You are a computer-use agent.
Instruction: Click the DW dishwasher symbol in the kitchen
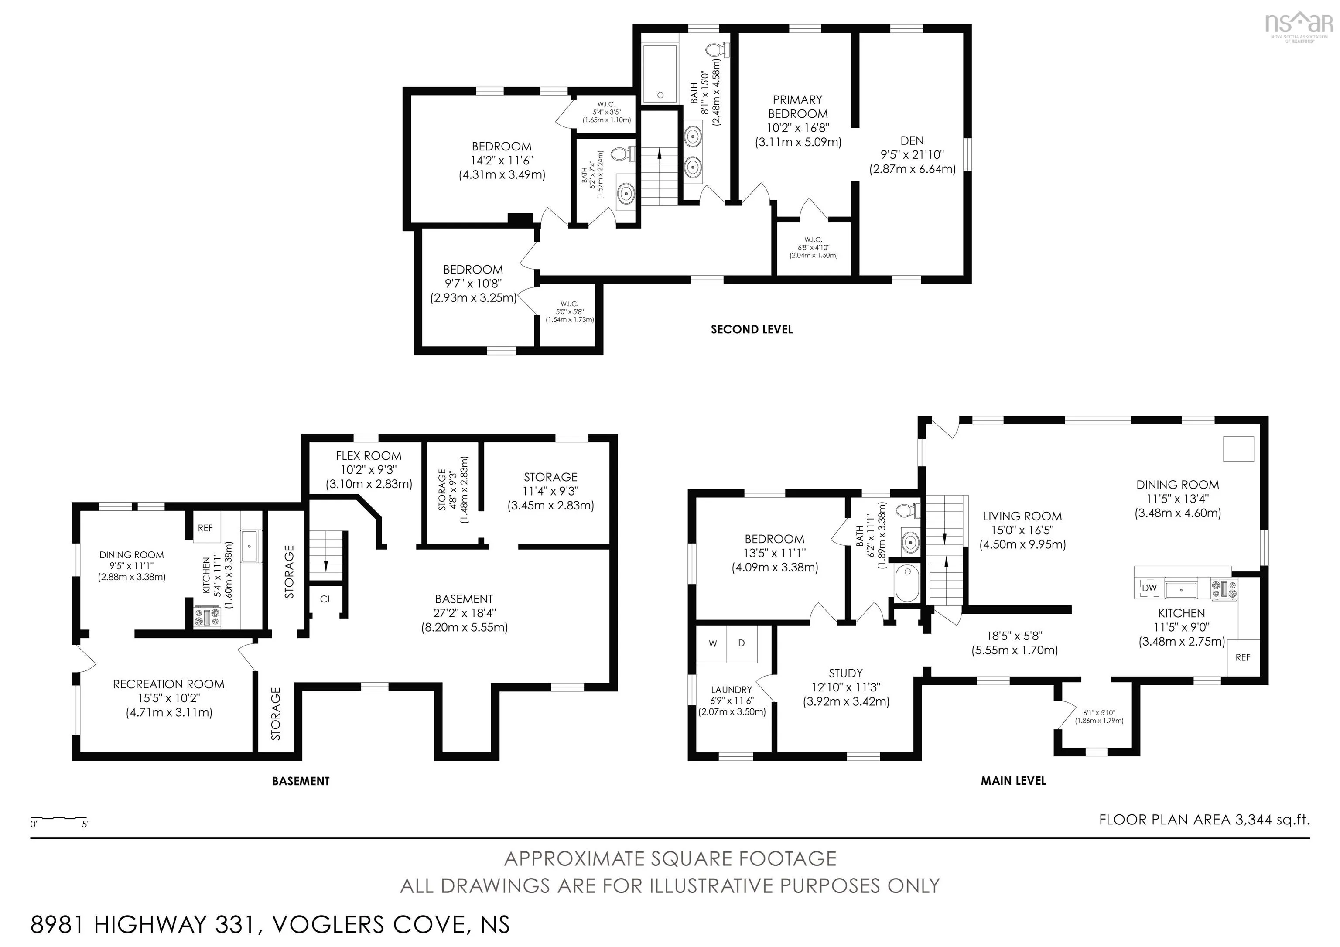[1149, 588]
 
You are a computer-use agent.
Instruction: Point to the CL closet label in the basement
[326, 598]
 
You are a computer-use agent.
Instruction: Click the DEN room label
[912, 140]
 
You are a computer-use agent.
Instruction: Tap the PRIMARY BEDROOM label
[798, 107]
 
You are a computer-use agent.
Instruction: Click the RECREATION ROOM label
[169, 684]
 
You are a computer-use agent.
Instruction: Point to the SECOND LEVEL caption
[752, 329]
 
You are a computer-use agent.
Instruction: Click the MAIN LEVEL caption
[1013, 781]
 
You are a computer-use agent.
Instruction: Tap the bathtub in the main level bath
[906, 582]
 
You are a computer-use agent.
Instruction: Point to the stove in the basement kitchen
[207, 617]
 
